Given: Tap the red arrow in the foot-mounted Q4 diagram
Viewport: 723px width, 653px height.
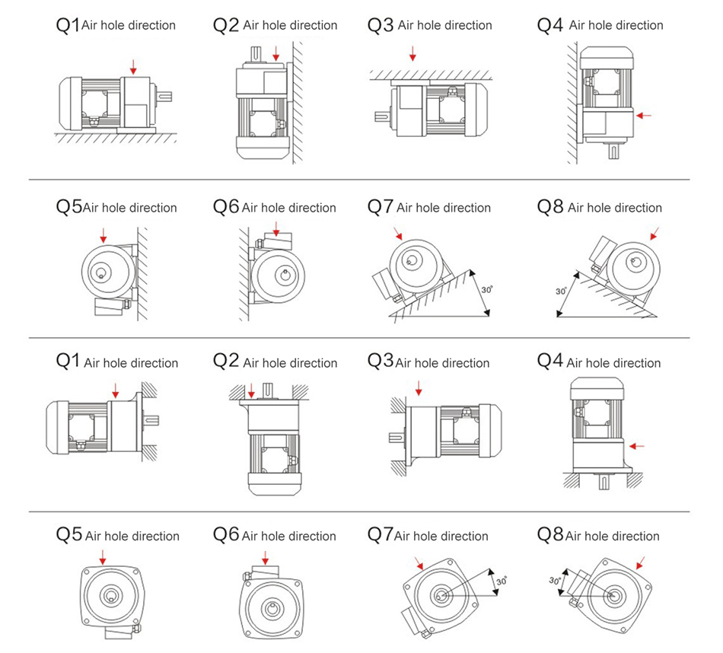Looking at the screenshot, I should coord(644,116).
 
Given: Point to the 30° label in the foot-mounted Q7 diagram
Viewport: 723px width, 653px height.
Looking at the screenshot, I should coord(488,290).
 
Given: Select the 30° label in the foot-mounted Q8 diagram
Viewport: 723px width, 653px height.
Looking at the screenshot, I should coord(561,291).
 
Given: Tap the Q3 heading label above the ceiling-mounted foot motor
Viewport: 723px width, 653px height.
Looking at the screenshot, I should coord(380,25).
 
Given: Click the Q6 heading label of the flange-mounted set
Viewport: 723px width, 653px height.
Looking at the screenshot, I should coord(226,535).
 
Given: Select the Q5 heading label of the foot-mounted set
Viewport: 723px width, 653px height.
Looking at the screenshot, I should coord(68,207).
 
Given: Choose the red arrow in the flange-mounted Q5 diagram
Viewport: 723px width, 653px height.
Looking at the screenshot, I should coord(103,559).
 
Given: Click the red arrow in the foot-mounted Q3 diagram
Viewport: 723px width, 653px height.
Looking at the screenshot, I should coord(412,53).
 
